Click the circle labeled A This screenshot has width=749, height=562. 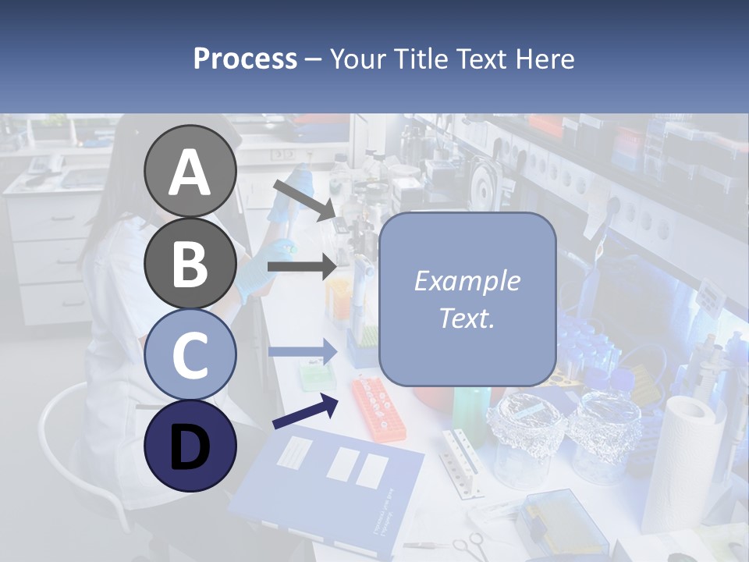(190, 171)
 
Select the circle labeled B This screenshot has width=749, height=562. (190, 263)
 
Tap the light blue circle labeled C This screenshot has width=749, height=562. (190, 355)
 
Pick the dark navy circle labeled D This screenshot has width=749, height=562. (190, 446)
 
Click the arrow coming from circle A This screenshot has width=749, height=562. (304, 200)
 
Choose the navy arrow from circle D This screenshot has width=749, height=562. (305, 411)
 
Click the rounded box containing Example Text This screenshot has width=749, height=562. (467, 299)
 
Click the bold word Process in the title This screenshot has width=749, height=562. (245, 59)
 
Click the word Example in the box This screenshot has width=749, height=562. (467, 281)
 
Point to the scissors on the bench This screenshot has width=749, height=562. (466, 544)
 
